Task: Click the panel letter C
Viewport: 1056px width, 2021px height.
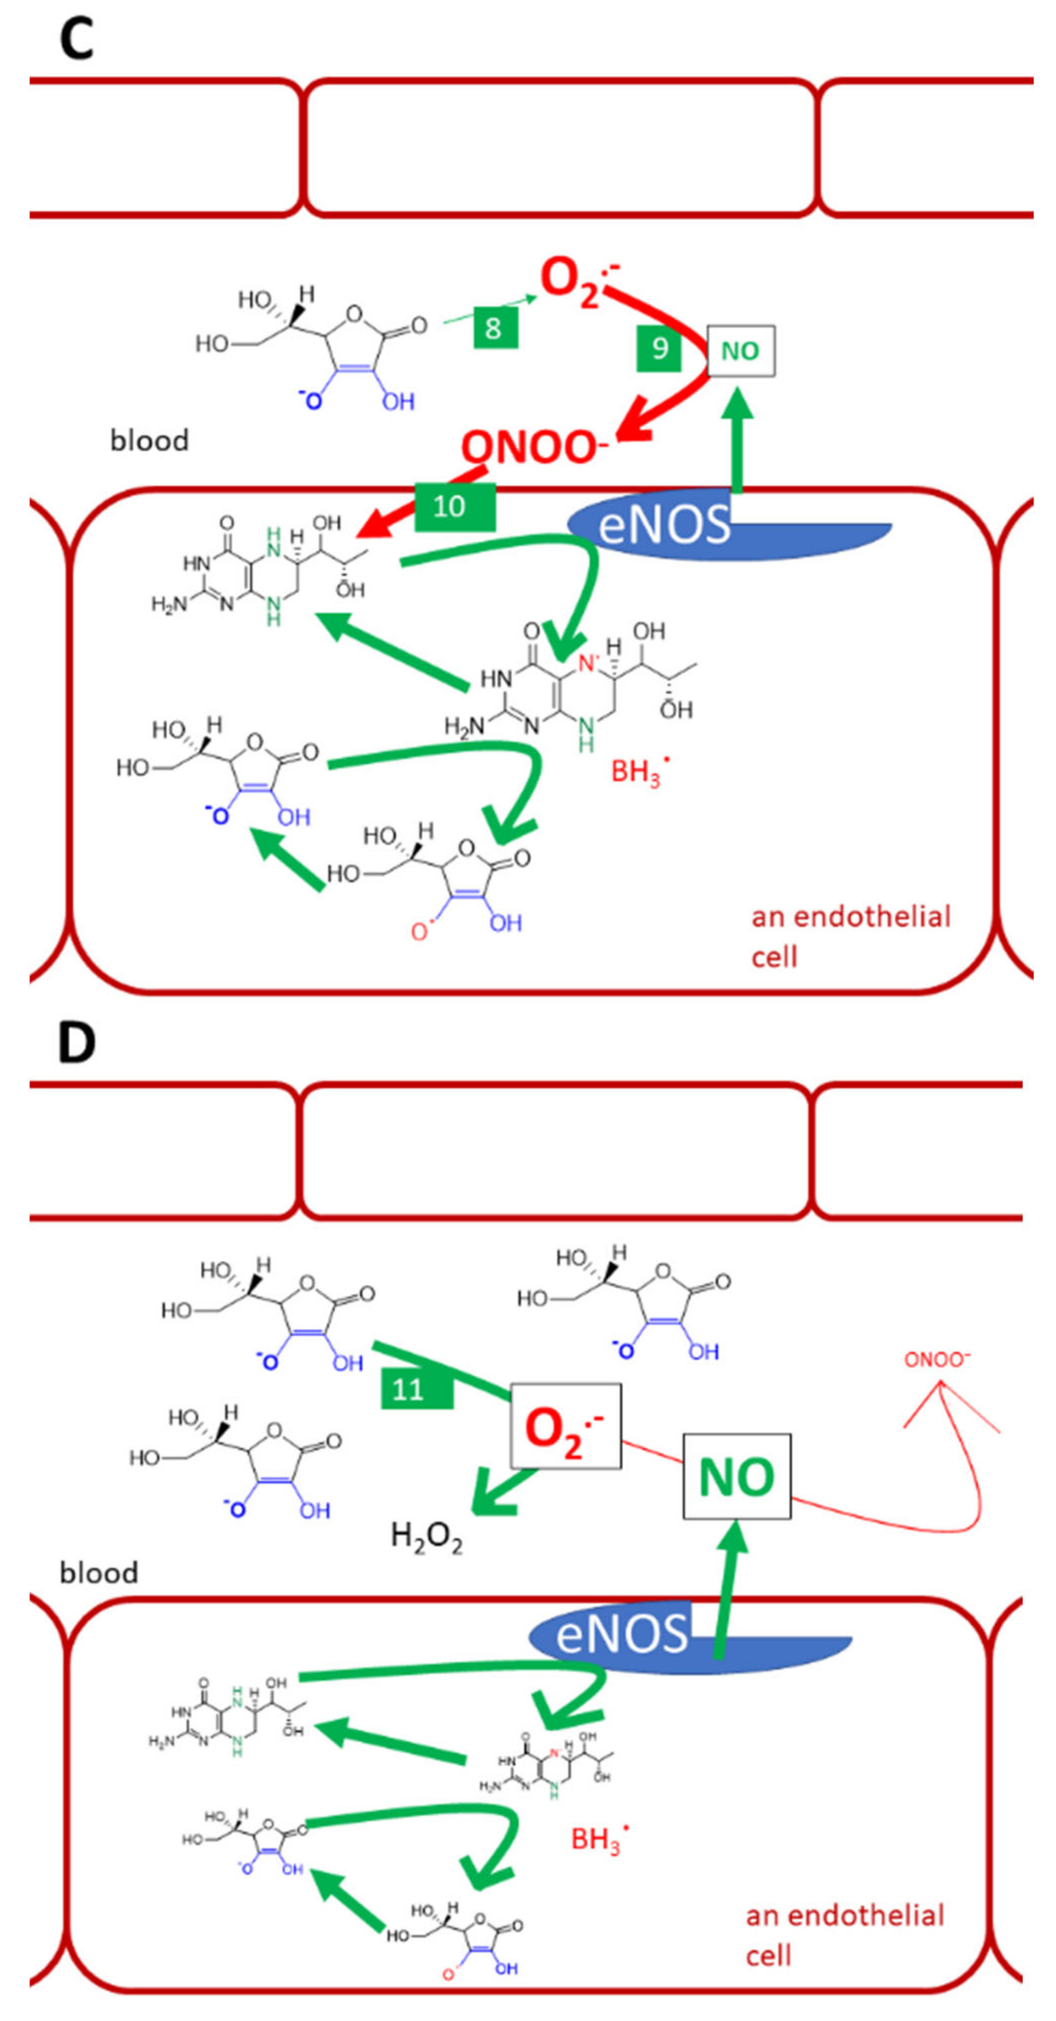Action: click(x=76, y=39)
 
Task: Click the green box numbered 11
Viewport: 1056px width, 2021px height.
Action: click(x=416, y=1390)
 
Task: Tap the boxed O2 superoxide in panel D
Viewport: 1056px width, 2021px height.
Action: click(x=565, y=1426)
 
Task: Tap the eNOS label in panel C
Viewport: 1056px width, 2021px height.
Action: click(x=664, y=525)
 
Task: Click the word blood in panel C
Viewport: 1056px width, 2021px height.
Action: click(x=149, y=440)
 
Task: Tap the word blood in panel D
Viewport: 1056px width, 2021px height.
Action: click(x=99, y=1572)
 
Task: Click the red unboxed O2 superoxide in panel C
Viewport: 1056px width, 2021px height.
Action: click(x=577, y=278)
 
